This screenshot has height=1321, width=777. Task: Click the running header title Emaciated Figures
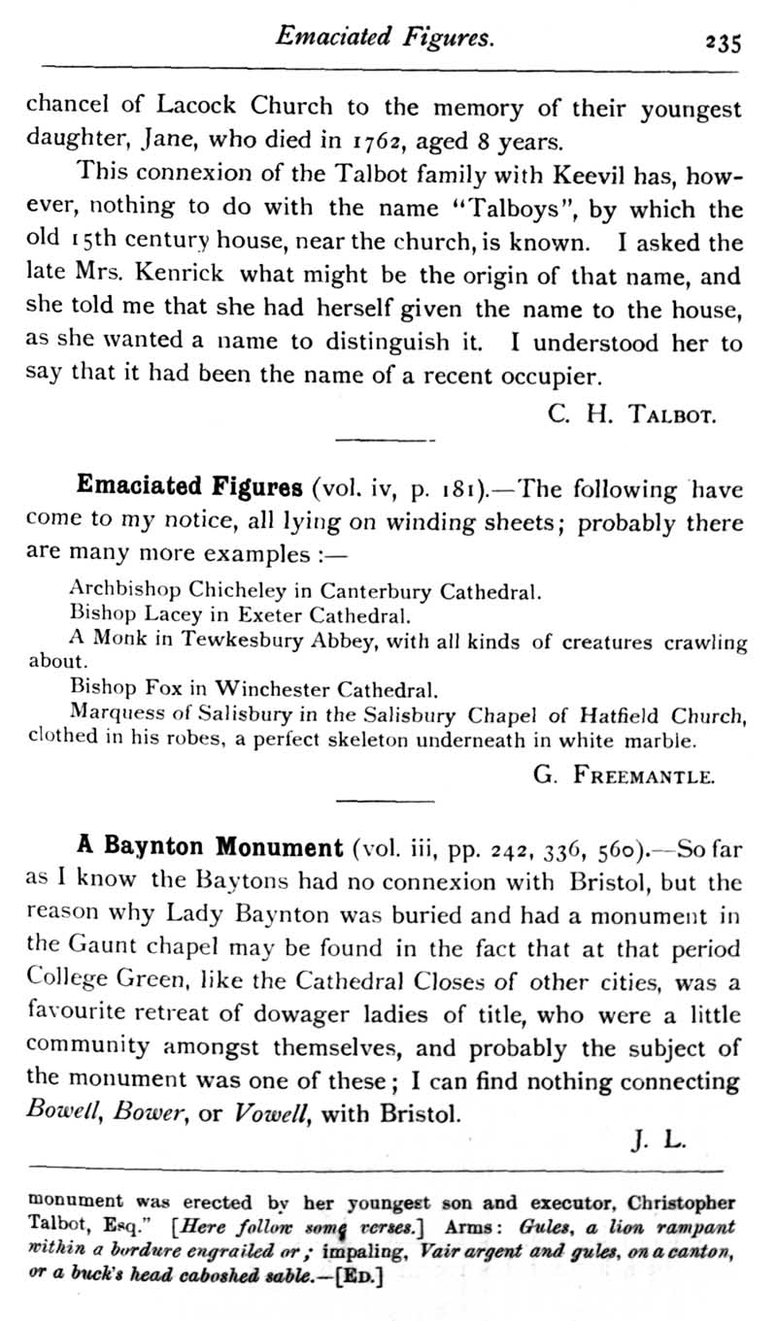387,38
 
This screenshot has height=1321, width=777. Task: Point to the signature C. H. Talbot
632,416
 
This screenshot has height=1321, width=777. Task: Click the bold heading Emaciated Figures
189,485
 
